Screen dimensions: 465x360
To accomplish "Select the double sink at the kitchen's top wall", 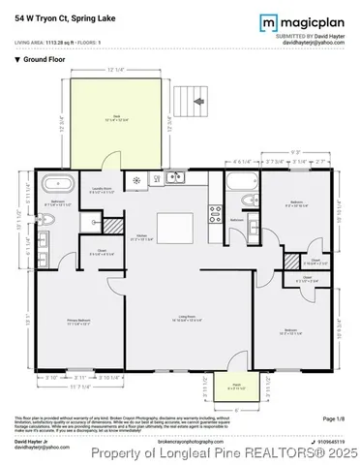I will (175, 176).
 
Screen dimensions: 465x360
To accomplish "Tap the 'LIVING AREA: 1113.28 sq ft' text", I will (53, 41).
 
